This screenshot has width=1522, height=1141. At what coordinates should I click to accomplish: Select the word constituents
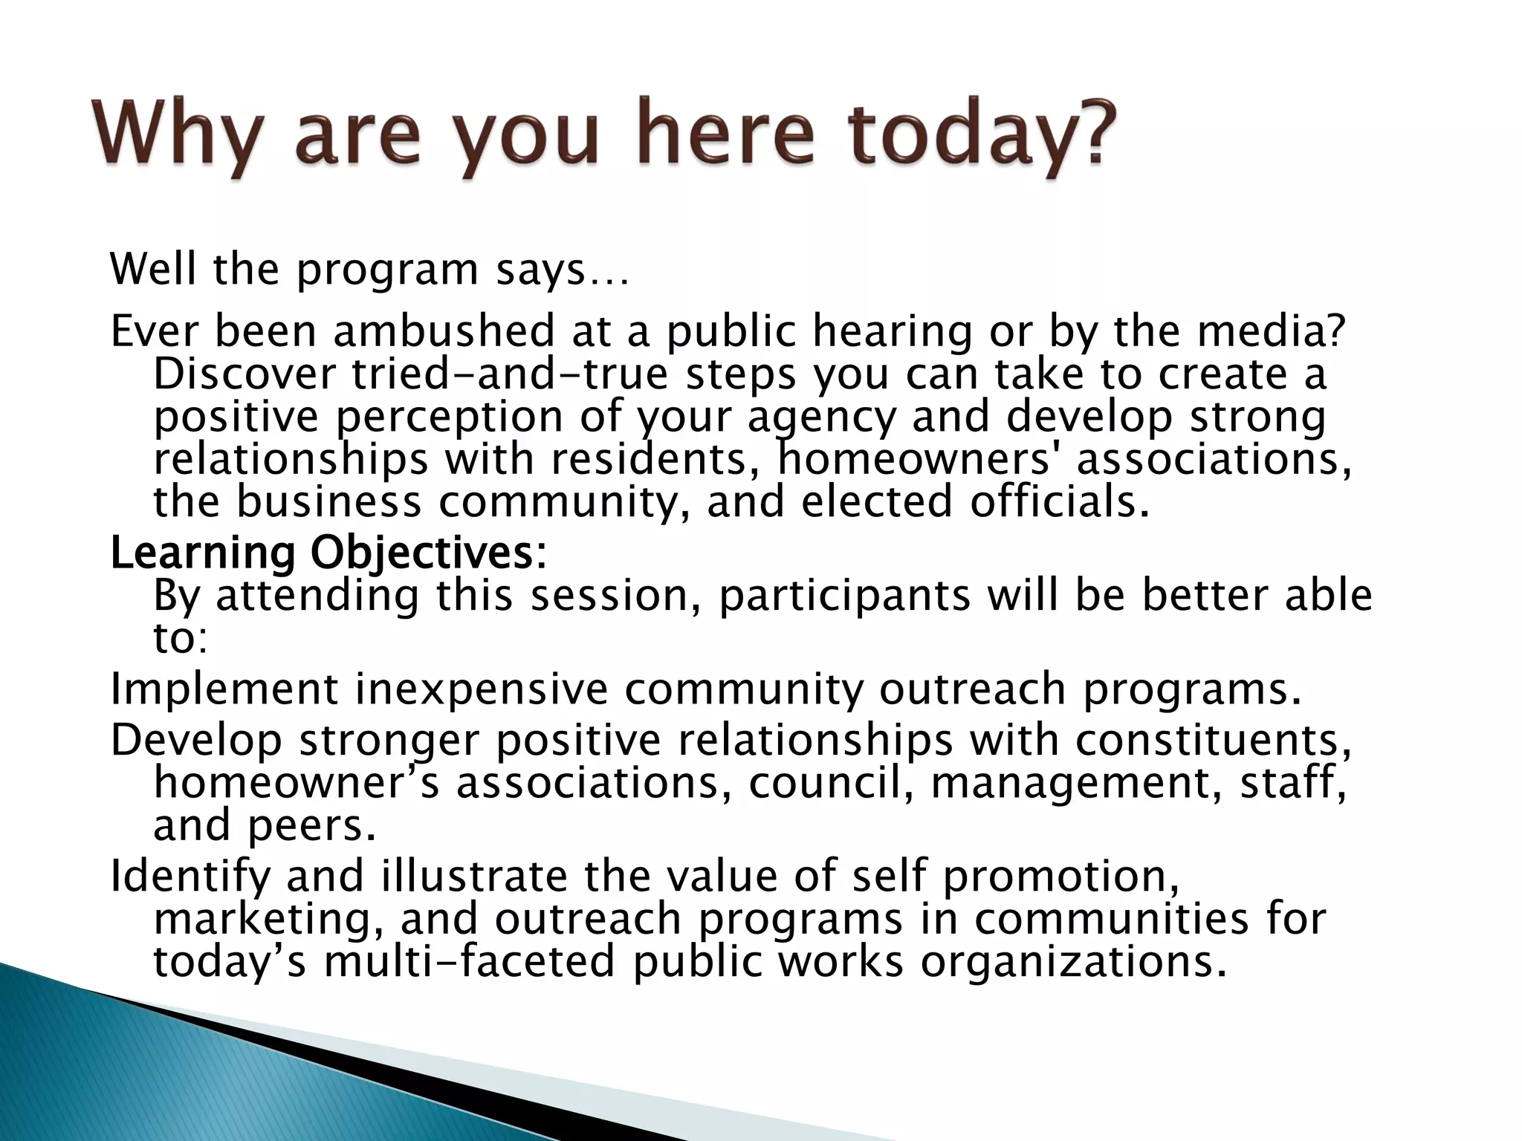coord(1211,740)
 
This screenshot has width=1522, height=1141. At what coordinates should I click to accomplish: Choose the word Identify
coord(190,877)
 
